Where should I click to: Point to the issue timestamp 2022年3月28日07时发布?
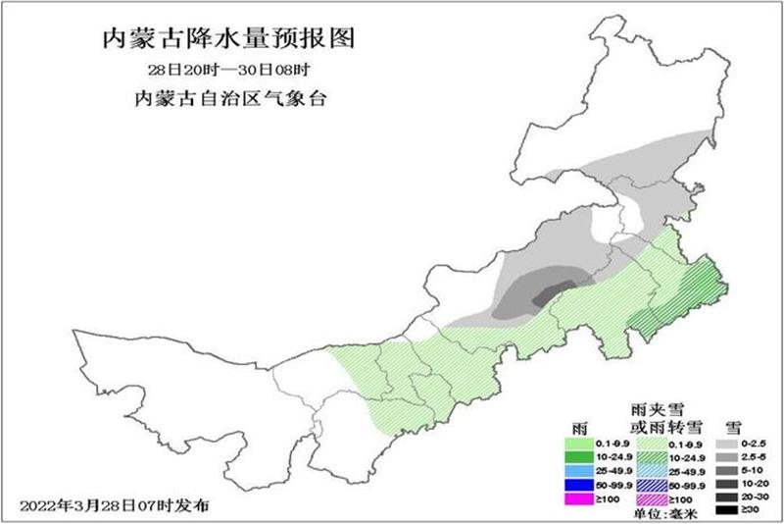[114, 505]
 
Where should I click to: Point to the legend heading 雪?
[731, 428]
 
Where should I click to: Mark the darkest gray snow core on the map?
[543, 291]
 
